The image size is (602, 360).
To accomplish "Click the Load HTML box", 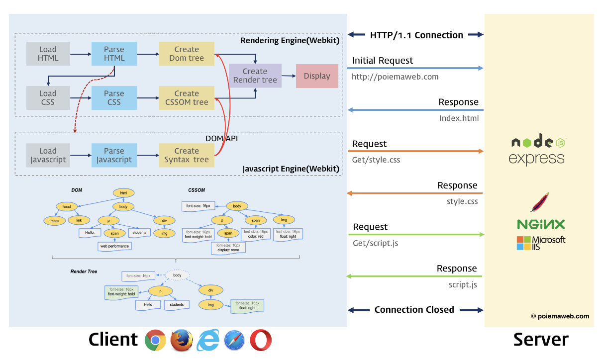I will coord(48,54).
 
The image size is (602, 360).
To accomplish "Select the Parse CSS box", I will coord(114,97).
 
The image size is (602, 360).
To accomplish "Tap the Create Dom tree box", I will coord(187,54).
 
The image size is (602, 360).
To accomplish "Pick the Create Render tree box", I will coord(255,76).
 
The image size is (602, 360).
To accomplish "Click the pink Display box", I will coord(317,76).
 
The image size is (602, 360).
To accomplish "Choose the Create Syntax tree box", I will coord(187,155).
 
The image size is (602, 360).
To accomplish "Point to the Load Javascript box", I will coord(48,155).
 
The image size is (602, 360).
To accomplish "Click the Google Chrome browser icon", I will coord(155,341).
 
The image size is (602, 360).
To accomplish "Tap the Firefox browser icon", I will coord(182,341).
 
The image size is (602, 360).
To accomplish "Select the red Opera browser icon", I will coord(261,341).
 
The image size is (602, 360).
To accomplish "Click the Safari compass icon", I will coord(234,341).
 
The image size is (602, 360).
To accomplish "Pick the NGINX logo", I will coord(541,224).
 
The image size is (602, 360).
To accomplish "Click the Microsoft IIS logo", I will coord(541,243).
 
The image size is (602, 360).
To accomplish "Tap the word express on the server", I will coord(536,159).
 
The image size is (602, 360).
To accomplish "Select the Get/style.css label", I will coord(376,160).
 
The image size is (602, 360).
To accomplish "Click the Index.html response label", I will coord(459,118).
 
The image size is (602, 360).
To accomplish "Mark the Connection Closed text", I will coord(414,310).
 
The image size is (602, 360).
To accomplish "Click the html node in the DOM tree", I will coord(124,193).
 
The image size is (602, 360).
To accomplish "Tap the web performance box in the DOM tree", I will coord(114,246).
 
